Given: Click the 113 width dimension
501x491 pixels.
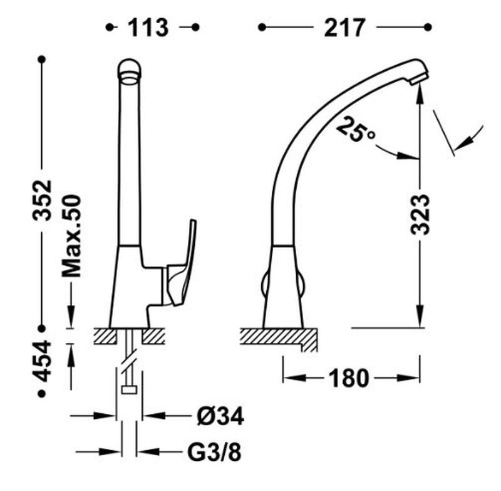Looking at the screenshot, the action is pos(148,28).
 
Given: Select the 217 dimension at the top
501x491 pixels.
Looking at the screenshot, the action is pos(344,28).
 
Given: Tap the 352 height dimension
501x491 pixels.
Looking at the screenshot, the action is pos(42,200).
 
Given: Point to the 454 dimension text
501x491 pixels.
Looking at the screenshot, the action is pos(42,361).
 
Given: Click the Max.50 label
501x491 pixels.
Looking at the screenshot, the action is pos(71,236).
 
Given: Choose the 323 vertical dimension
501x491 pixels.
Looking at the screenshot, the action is pos(420,214).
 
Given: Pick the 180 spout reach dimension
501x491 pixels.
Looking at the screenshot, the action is pos(349,378).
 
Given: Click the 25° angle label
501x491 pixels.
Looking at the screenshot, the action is pos(354,129).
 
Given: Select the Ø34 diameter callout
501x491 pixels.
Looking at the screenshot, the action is pos(220,416).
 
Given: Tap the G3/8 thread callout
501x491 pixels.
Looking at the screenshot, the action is pos(214,452).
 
